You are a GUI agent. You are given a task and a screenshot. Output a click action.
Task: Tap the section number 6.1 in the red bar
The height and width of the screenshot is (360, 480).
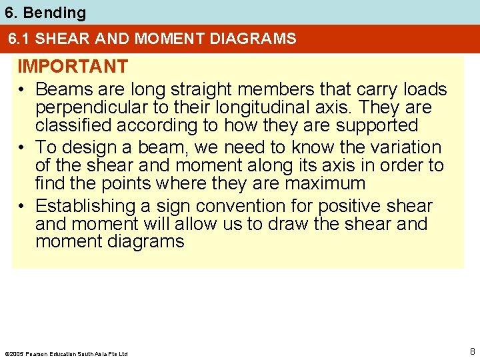pos(19,39)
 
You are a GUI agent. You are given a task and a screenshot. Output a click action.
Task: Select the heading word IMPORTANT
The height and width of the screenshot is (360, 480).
pos(72,67)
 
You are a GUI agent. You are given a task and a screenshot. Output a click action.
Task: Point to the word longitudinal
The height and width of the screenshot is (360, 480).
pos(219,107)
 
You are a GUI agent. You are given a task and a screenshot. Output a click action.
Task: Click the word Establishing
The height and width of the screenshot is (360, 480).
pos(85,206)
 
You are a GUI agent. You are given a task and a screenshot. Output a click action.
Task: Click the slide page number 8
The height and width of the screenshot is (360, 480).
pos(472,351)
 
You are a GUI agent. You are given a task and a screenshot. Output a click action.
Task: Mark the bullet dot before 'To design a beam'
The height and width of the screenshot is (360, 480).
pos(22,148)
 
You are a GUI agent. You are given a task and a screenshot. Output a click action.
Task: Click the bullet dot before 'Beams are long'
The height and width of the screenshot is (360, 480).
pos(22,90)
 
